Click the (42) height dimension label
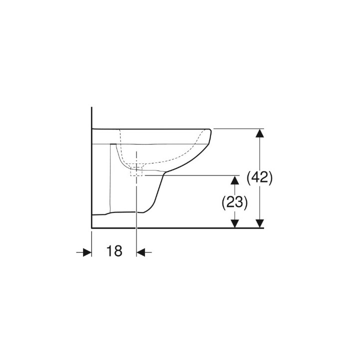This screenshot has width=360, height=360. click(260, 178)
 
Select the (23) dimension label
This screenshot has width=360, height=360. click(235, 202)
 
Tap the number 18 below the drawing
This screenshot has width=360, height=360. click(114, 251)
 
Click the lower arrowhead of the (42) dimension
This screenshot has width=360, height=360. click(259, 222)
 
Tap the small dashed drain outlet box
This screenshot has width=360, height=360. click(136, 171)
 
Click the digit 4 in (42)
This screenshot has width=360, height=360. click(256, 178)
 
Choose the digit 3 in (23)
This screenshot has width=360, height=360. click(239, 202)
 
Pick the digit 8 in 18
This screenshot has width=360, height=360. click(118, 251)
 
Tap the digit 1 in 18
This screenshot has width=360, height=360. click(109, 251)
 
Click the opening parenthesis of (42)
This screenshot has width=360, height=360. click(249, 178)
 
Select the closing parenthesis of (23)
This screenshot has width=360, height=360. click(245, 202)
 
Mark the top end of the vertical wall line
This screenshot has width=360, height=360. click(91, 108)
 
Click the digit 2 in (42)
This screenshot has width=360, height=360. click(264, 178)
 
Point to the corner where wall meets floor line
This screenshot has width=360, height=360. click(91, 228)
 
